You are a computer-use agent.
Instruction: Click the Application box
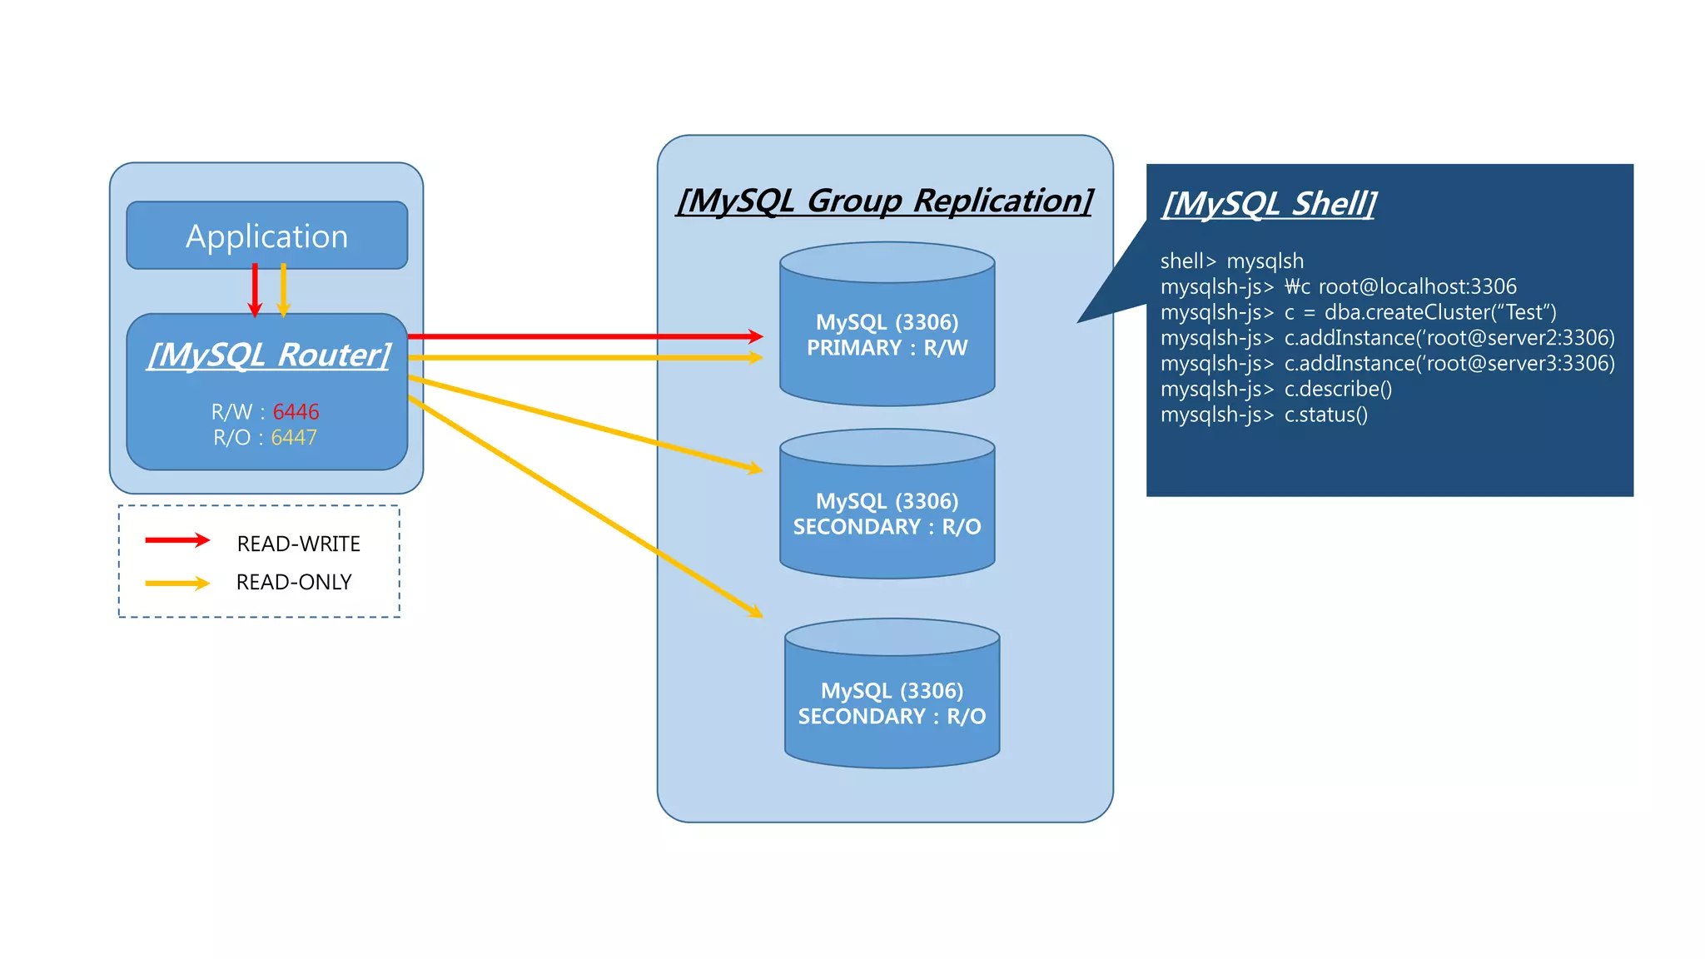tap(266, 236)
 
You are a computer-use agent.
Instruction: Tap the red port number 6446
tap(296, 412)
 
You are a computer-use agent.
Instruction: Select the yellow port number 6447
tap(294, 438)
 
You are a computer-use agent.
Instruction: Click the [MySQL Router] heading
tap(268, 355)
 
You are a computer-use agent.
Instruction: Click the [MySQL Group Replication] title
tap(884, 201)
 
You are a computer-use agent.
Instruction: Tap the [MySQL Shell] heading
tap(1269, 204)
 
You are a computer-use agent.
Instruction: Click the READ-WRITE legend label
tap(298, 544)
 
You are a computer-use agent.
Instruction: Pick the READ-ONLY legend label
tap(294, 583)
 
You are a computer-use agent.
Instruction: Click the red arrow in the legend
tap(176, 540)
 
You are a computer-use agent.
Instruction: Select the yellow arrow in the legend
tap(176, 584)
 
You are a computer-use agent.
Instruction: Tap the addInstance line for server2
tap(1449, 338)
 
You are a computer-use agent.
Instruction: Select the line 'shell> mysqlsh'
tap(1231, 261)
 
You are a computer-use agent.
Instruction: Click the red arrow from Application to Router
tap(255, 290)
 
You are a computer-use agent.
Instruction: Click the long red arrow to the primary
tap(583, 336)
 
